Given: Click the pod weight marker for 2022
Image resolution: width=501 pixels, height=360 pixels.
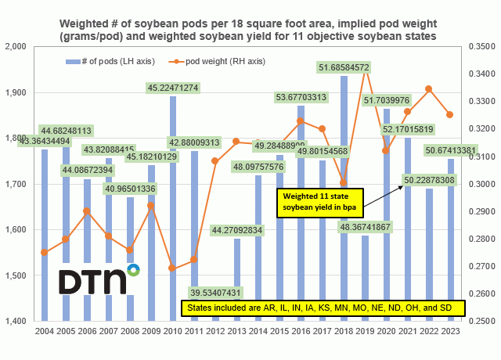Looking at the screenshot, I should click(428, 88).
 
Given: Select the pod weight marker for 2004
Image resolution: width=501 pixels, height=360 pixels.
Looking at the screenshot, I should click(45, 252).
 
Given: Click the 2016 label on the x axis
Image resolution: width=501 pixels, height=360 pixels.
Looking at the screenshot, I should click(301, 331).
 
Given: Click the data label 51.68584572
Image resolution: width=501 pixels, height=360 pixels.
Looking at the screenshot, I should click(344, 68).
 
